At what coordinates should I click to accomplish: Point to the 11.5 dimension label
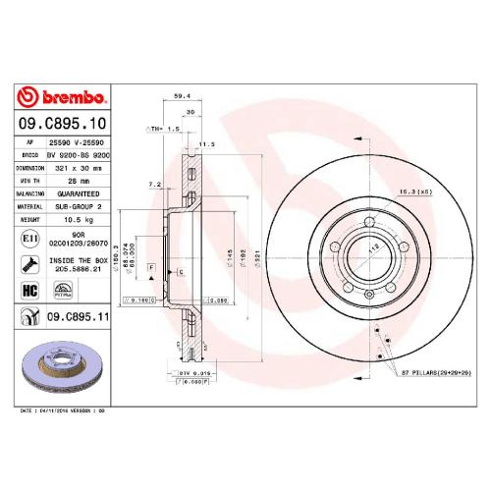point(206,143)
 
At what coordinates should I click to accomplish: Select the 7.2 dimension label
point(154,184)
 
